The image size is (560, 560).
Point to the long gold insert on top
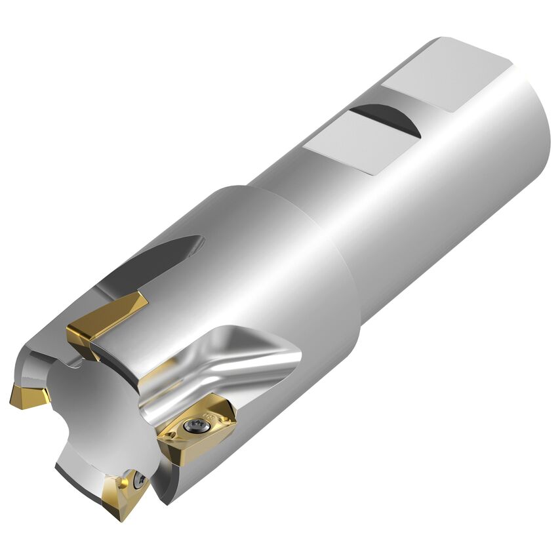105,317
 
